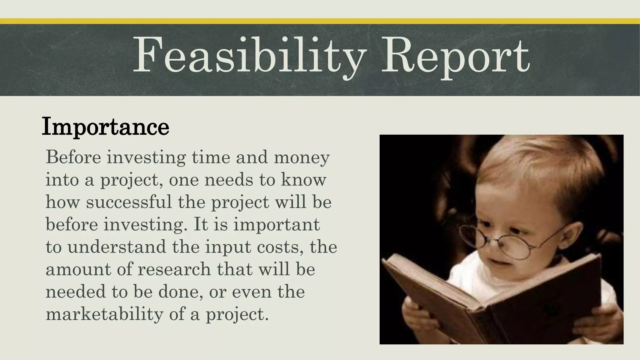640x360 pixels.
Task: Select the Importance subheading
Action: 105,126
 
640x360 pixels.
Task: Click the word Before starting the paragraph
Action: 73,157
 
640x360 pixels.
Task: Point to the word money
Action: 302,157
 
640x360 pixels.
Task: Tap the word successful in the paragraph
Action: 129,202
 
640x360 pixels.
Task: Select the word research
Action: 174,269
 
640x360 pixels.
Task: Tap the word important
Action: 277,224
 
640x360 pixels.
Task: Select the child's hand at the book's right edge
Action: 598,322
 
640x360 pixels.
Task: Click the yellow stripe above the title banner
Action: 320,21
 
